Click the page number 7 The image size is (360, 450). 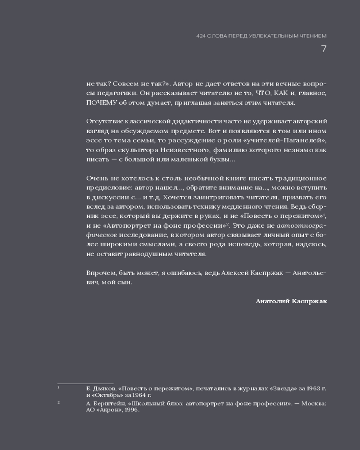pyautogui.click(x=324, y=49)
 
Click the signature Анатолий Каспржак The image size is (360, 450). pyautogui.click(x=291, y=301)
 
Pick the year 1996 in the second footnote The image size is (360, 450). pyautogui.click(x=130, y=410)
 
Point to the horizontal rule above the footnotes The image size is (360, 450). pyautogui.click(x=85, y=384)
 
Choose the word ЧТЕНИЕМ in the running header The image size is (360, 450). pyautogui.click(x=312, y=36)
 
